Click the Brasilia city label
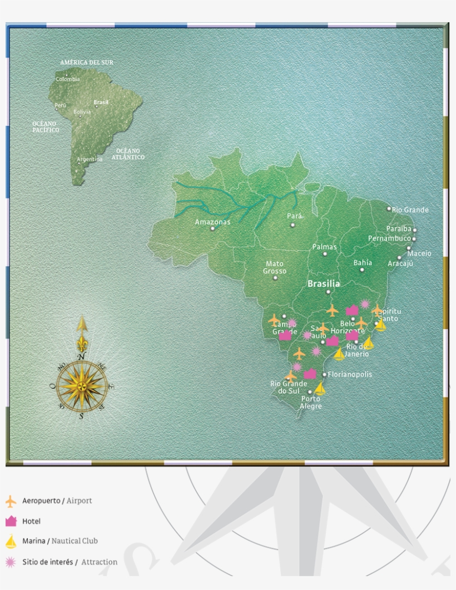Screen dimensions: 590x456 324,283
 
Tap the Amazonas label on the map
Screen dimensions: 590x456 212,222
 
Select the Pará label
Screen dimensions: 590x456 295,216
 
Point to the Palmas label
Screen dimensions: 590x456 325,246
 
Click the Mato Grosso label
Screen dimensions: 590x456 275,267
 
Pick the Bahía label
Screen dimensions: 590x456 363,263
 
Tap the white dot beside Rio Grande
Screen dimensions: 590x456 389,209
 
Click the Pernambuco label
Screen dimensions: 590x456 389,238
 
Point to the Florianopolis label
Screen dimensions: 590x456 350,374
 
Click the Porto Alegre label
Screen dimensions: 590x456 311,402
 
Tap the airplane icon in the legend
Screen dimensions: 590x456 11,501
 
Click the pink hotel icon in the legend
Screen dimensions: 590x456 11,521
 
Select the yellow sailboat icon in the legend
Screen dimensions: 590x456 11,541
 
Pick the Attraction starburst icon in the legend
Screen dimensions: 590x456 11,562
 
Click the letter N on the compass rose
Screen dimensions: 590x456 82,356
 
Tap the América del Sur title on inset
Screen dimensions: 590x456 87,63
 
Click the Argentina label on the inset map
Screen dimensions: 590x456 90,159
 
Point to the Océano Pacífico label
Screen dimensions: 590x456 45,126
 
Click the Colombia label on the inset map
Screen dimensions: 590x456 67,79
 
